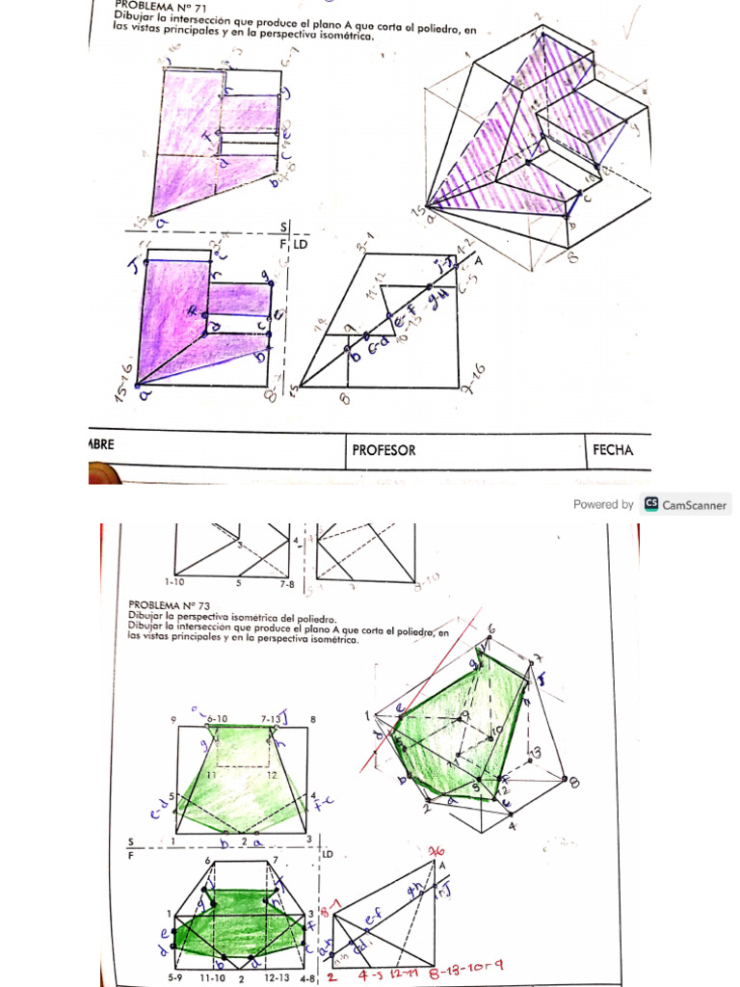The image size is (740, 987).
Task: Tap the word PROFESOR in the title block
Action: point(383,450)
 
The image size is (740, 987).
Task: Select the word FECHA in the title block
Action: point(613,450)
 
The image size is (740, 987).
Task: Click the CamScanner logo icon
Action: point(651,504)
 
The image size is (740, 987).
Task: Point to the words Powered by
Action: point(603,504)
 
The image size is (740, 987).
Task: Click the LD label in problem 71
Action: point(300,245)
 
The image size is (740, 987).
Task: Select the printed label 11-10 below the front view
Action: point(214,978)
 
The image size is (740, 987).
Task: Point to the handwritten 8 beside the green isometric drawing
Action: point(575,782)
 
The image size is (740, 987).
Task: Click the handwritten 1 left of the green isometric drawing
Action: point(367,715)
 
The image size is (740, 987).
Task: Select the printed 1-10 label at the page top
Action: point(174,582)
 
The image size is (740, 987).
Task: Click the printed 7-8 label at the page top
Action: point(287,582)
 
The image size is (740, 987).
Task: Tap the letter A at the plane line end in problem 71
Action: point(477,260)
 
